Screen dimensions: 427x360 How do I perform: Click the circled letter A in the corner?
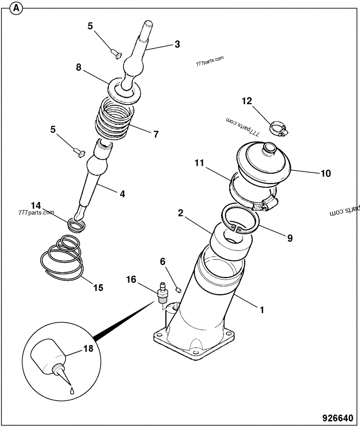click(x=17, y=8)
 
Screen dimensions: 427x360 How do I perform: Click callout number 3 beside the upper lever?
click(x=177, y=44)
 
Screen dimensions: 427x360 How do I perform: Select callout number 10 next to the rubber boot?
click(x=325, y=173)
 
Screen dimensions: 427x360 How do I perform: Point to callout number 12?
click(x=247, y=101)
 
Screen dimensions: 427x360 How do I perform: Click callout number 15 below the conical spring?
click(x=98, y=287)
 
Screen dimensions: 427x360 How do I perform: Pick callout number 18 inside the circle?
click(x=88, y=348)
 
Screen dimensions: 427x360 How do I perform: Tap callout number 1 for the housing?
click(x=260, y=310)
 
